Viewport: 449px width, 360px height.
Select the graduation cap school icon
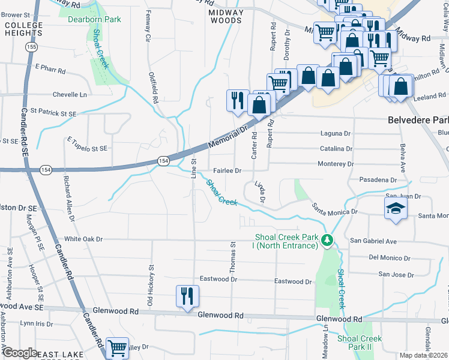click(x=396, y=209)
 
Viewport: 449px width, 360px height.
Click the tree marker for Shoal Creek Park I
click(x=327, y=241)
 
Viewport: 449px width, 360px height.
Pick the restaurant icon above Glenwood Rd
click(x=187, y=296)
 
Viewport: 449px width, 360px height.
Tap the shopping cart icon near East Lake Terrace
click(x=117, y=347)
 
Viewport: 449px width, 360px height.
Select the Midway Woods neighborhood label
click(x=226, y=16)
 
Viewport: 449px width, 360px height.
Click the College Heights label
click(x=23, y=29)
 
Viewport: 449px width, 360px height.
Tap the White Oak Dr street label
click(x=83, y=239)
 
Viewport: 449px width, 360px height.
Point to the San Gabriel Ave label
click(x=375, y=241)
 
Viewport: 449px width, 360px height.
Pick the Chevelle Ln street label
click(x=70, y=95)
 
